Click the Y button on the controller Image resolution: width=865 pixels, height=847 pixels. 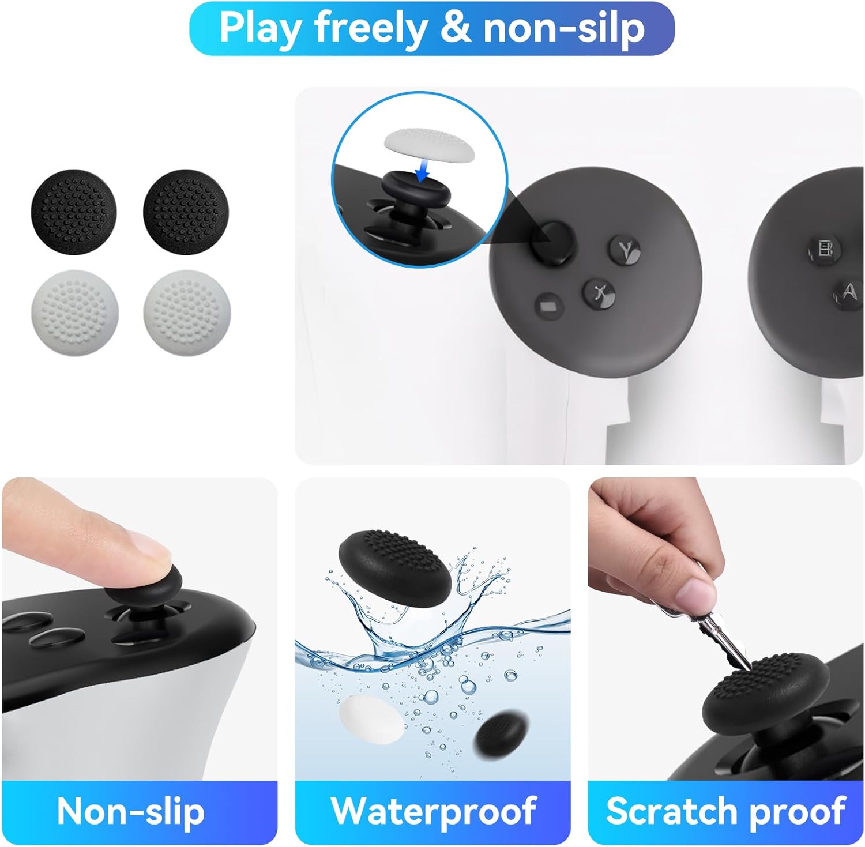tap(625, 250)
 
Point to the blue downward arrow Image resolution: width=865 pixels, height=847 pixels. tap(423, 168)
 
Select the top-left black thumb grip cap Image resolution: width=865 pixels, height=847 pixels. tap(74, 212)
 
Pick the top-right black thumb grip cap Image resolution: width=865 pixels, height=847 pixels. tap(186, 212)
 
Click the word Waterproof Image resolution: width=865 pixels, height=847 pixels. tap(433, 811)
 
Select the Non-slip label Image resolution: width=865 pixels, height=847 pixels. tap(131, 811)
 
